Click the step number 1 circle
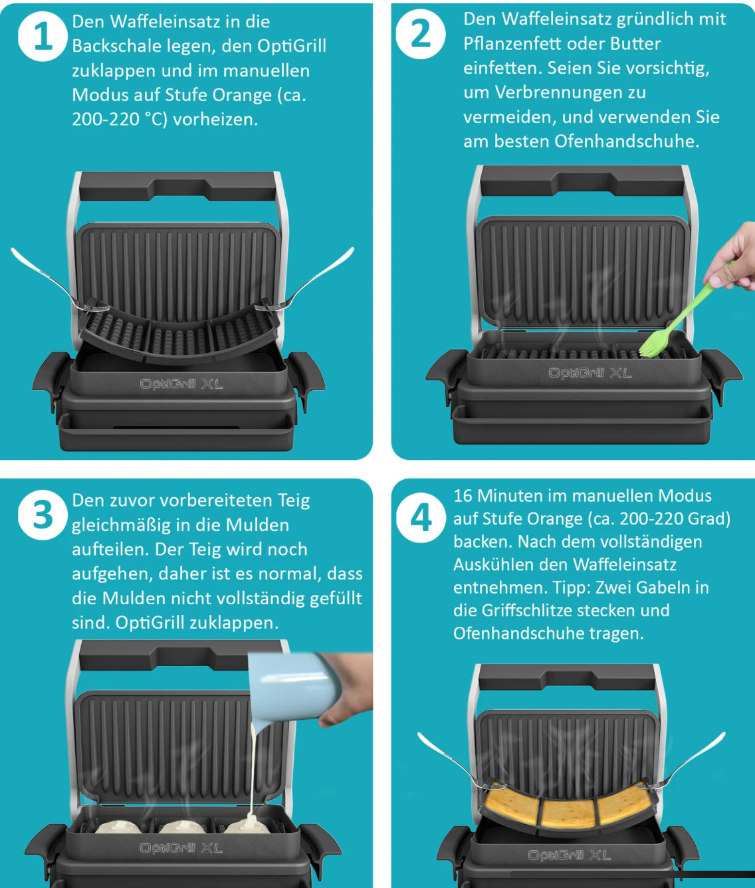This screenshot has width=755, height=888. click(43, 36)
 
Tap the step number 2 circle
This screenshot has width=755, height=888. click(421, 34)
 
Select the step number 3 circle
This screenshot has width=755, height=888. click(43, 515)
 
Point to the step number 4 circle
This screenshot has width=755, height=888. click(421, 518)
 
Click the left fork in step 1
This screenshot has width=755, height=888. click(56, 281)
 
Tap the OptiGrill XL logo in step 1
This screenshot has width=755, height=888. click(181, 384)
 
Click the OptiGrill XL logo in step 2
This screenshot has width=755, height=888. click(590, 373)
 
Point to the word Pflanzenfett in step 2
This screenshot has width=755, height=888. click(514, 43)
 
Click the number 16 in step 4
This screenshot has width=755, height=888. click(463, 496)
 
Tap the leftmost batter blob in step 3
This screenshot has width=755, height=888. click(117, 827)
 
